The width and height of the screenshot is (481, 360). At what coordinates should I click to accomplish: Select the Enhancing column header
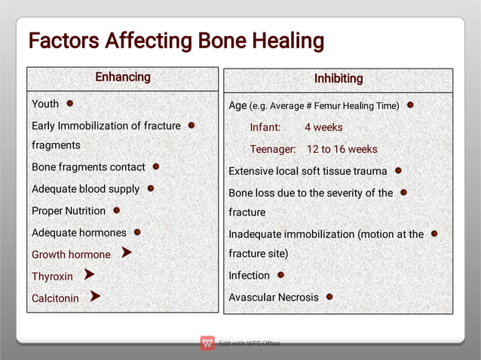coord(122,77)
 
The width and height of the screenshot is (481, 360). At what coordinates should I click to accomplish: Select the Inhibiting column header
coord(338,78)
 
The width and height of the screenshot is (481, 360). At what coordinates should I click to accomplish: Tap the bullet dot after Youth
coord(69,102)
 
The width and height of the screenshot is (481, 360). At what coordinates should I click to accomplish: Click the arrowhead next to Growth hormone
coord(127,253)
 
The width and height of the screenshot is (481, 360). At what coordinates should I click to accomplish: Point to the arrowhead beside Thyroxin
coord(89,275)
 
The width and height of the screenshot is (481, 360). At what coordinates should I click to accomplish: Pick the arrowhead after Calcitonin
coord(95,297)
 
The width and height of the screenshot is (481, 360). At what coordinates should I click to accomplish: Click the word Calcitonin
coord(55,298)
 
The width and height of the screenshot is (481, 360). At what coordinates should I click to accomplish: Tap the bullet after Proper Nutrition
coord(116,210)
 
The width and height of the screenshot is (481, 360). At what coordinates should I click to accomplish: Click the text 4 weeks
coord(323,127)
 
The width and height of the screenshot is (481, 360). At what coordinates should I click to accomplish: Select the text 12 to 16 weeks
coord(342,149)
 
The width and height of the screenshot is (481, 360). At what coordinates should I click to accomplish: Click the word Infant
coord(265,127)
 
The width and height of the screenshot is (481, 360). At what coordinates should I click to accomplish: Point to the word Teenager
coord(273,149)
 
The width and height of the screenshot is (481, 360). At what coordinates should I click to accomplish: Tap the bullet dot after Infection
coord(280,275)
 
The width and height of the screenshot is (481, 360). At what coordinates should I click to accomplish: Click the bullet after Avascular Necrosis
coord(329,297)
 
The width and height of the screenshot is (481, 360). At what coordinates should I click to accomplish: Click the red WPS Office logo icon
coord(207,343)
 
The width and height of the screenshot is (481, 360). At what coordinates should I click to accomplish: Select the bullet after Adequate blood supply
coord(150,188)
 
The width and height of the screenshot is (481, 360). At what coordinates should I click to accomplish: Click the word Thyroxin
coord(52,276)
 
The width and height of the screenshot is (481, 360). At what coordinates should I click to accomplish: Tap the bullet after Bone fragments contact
coord(155,166)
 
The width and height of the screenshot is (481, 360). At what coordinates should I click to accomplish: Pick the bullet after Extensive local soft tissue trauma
coord(398,171)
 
